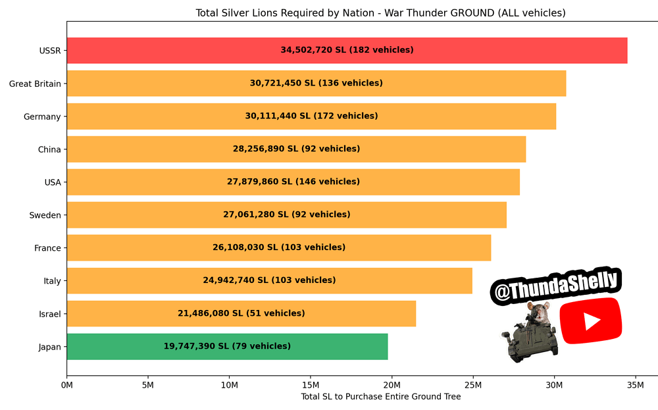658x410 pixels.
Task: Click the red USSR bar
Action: click(347, 51)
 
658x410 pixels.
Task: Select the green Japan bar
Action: click(227, 347)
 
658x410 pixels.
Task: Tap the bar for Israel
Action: click(241, 314)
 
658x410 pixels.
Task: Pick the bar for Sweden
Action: click(286, 215)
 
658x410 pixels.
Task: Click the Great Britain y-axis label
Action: click(35, 84)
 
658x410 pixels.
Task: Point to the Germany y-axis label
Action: click(42, 116)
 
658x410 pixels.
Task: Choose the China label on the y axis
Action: click(49, 149)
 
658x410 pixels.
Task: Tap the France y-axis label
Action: click(47, 248)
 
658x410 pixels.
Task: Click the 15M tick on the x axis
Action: click(311, 384)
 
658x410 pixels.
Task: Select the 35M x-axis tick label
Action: click(636, 384)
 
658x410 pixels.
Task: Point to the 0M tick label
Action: click(66, 384)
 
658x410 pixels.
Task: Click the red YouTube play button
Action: click(591, 320)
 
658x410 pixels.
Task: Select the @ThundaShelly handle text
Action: click(555, 288)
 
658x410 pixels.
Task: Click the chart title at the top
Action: click(380, 13)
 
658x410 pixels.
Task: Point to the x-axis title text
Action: click(380, 397)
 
